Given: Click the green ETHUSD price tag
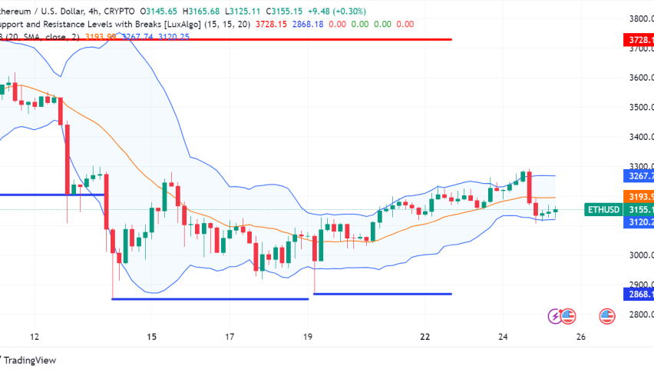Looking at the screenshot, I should click(602, 209).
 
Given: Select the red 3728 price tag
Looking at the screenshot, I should click(636, 39).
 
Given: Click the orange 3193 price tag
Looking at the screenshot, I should click(636, 196).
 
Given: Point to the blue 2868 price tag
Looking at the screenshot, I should click(636, 294).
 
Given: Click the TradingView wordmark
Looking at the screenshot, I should click(30, 359).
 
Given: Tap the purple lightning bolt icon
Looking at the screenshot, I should click(553, 315).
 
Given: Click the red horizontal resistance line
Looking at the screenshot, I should click(230, 38).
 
